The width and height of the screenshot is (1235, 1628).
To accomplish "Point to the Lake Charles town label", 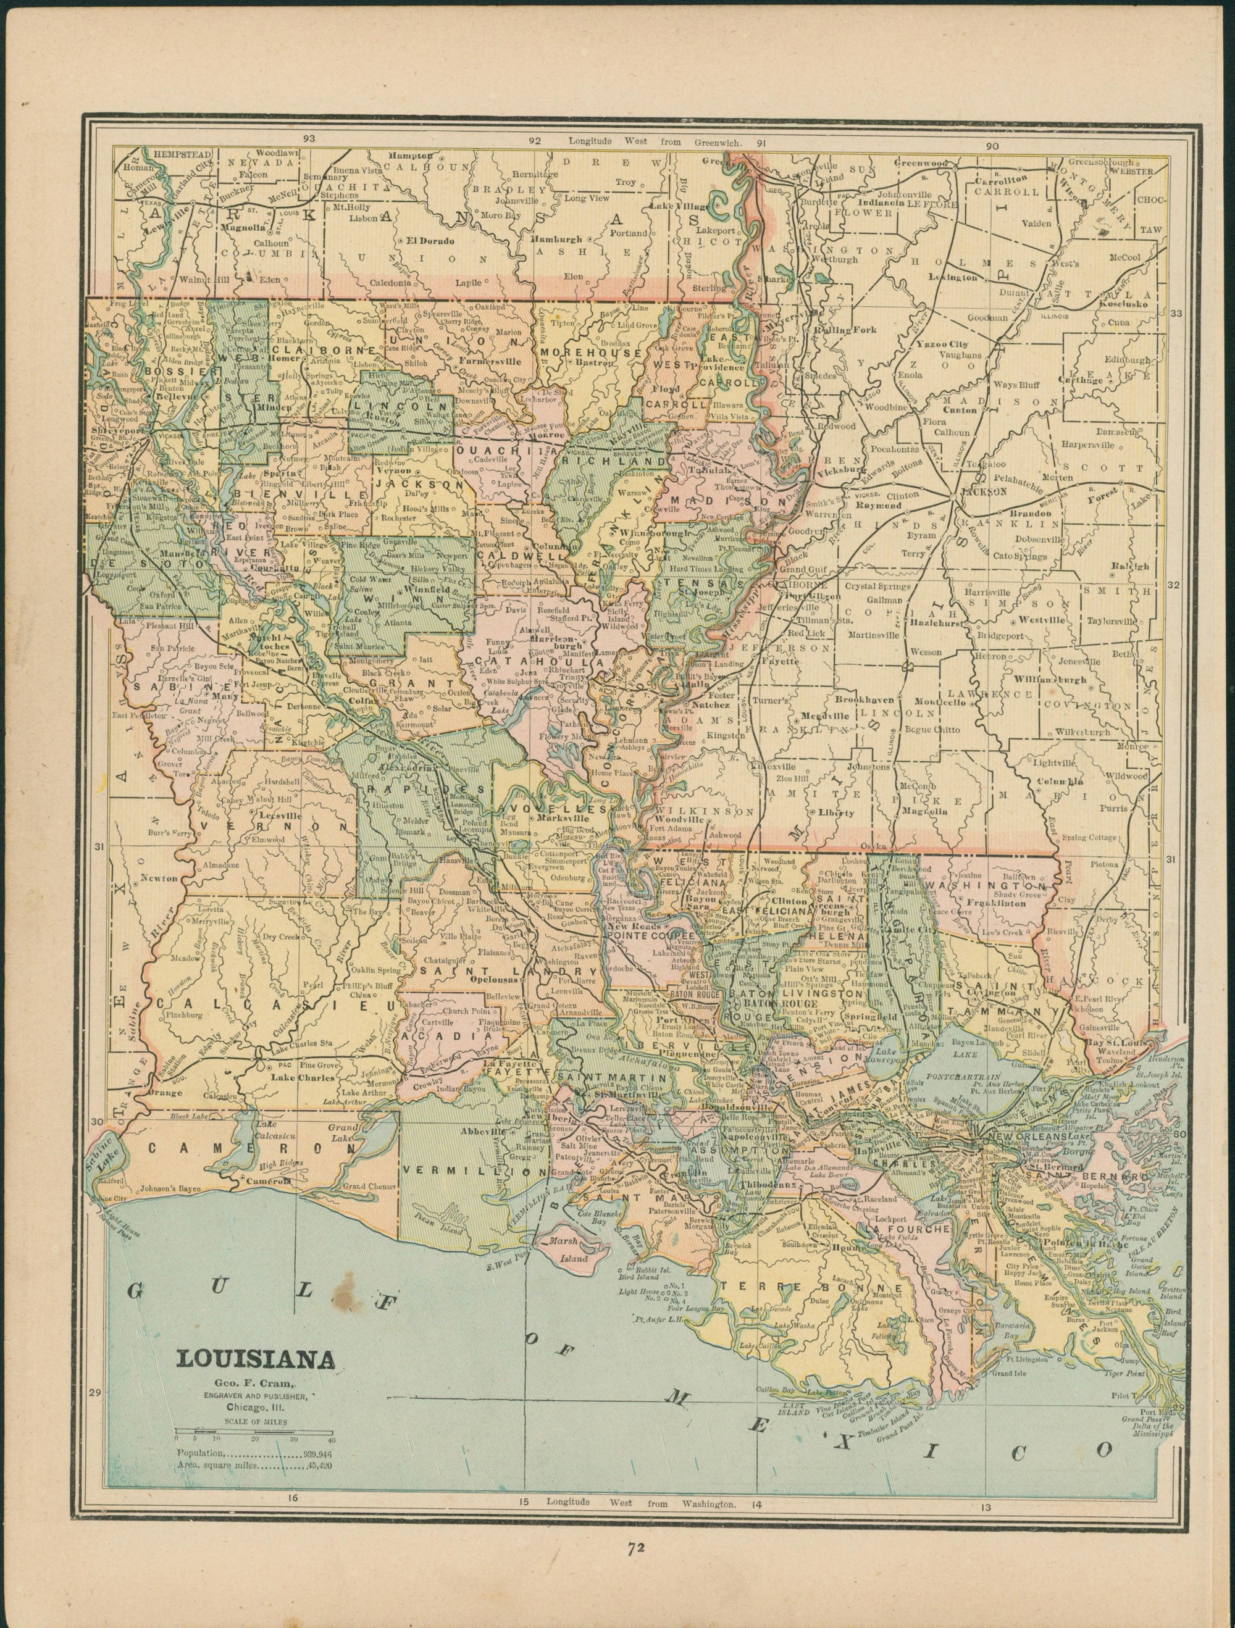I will pos(299,1077).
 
